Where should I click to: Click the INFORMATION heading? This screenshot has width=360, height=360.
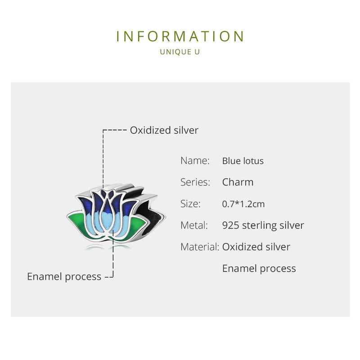click(180, 36)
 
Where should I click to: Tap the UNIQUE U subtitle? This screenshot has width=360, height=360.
click(180, 52)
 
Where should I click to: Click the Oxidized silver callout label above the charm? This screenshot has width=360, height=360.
click(164, 130)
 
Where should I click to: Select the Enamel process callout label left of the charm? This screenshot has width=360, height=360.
click(64, 276)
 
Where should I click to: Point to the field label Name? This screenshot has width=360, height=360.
click(195, 161)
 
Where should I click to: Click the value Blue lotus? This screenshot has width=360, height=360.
click(243, 161)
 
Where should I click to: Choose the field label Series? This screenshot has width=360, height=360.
click(195, 182)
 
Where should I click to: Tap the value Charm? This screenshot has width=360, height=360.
click(238, 182)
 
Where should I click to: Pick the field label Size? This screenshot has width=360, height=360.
click(190, 204)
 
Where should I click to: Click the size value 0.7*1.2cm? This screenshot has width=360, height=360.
click(243, 204)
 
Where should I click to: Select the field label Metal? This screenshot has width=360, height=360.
click(194, 225)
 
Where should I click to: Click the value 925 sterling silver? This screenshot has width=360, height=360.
click(263, 225)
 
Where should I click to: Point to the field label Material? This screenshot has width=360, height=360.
click(199, 247)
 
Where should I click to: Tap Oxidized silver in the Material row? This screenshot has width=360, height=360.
click(256, 247)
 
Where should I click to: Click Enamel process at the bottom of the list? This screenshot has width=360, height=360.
click(259, 268)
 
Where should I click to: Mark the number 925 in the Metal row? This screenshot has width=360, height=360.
click(230, 225)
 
